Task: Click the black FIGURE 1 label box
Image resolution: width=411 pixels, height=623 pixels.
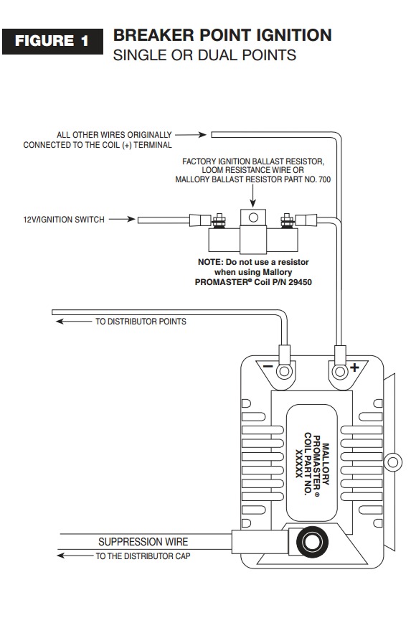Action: [52, 42]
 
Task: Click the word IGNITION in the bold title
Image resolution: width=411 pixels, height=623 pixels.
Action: [294, 35]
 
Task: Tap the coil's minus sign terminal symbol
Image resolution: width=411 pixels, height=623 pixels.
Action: [268, 365]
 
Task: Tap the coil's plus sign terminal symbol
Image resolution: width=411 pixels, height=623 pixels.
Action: [354, 367]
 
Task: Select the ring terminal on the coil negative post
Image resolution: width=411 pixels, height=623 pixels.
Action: [284, 371]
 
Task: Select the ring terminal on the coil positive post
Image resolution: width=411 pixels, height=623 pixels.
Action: [340, 371]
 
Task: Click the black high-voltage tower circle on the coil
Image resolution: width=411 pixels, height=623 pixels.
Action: [312, 542]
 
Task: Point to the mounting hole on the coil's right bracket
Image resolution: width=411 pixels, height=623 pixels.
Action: [393, 462]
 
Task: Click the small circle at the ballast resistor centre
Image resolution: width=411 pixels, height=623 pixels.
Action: [253, 217]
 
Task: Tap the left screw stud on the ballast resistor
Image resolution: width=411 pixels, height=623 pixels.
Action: [218, 220]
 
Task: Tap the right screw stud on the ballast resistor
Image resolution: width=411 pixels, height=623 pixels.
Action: [287, 220]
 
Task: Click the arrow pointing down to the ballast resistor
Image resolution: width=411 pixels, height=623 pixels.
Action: [253, 195]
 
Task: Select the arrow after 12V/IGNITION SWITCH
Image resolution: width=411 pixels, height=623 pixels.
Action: [122, 219]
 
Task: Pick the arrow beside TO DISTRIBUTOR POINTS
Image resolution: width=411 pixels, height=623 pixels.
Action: [73, 321]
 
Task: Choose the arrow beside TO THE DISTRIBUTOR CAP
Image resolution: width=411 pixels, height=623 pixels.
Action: [75, 555]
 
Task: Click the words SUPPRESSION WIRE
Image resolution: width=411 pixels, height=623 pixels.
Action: [143, 542]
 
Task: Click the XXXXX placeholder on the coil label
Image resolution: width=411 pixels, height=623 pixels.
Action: [299, 463]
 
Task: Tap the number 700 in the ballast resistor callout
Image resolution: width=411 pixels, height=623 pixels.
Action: [324, 179]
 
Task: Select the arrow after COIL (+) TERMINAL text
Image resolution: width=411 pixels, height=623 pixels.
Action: [191, 135]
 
